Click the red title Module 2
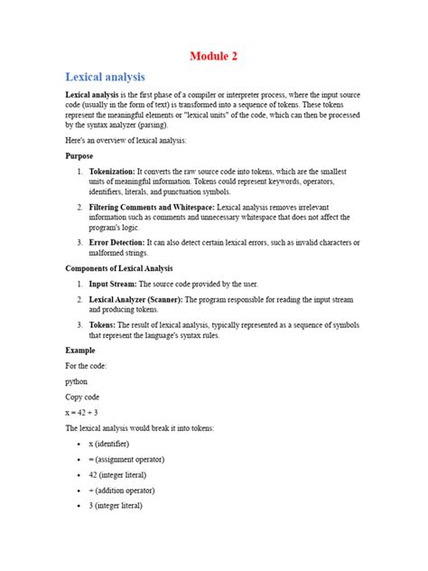pyautogui.click(x=213, y=56)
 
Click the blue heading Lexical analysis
pyautogui.click(x=106, y=78)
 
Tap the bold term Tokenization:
pyautogui.click(x=116, y=171)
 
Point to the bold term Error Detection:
pyautogui.click(x=119, y=242)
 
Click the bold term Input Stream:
pyautogui.click(x=114, y=284)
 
